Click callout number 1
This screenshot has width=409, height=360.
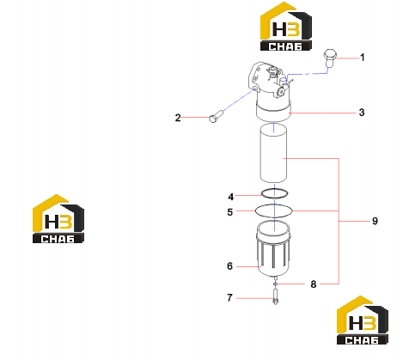(x=363, y=58)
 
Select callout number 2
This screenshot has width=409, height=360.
(x=178, y=118)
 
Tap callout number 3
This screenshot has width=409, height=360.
(x=362, y=113)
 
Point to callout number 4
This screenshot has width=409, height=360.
(x=231, y=197)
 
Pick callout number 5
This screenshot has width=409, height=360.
(x=230, y=212)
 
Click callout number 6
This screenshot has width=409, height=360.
(x=230, y=266)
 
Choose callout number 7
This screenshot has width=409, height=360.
(x=229, y=297)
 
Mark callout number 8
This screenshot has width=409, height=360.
(x=314, y=284)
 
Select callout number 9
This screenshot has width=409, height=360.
(x=375, y=221)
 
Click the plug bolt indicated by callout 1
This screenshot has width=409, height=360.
(x=330, y=58)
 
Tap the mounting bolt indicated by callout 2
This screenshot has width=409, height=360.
(x=217, y=116)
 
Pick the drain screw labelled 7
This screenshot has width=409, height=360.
(x=276, y=297)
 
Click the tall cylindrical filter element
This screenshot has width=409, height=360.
(x=273, y=153)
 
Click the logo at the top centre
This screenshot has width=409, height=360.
(x=285, y=27)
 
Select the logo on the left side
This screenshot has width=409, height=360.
(x=58, y=219)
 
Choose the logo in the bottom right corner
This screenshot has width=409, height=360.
(x=363, y=320)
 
